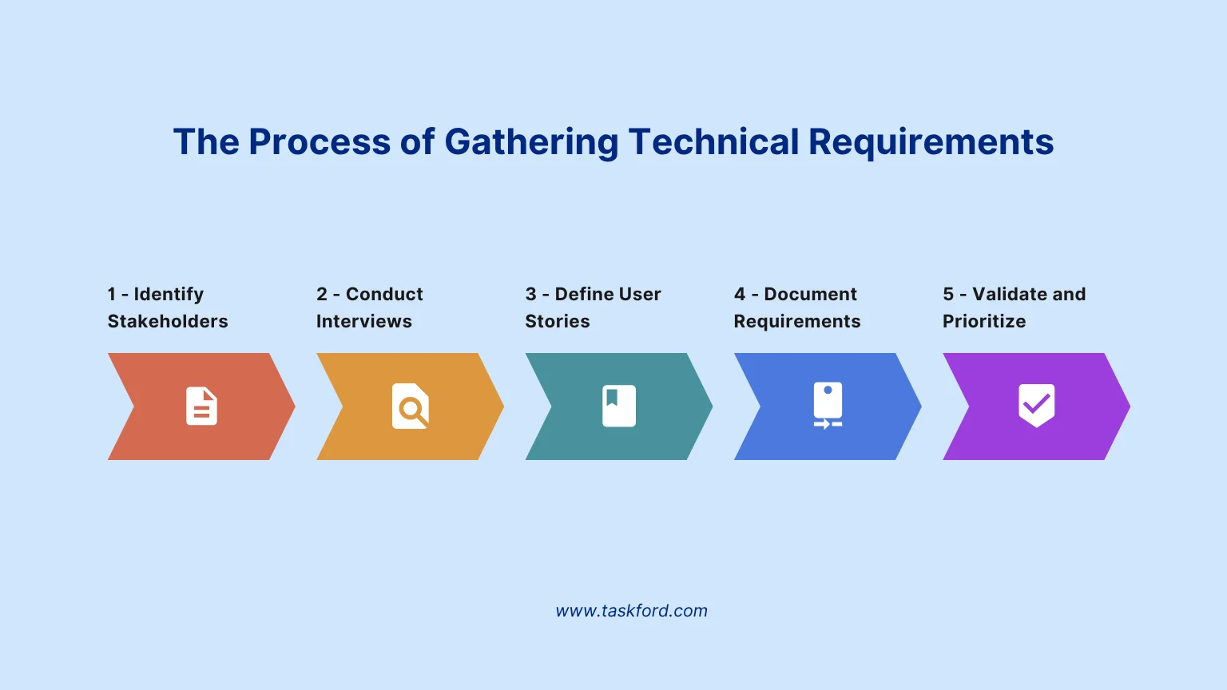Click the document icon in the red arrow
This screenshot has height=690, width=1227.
pos(201,406)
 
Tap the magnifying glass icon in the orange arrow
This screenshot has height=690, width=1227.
pos(411,406)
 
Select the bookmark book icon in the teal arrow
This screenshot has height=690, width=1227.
pos(619,406)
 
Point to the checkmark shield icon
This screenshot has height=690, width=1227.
pos(1036,406)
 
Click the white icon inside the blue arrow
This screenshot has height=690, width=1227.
pos(828,406)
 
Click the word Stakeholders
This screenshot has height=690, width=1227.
pos(168,321)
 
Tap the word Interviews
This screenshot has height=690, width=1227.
pos(364,321)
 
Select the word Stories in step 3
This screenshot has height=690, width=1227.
pos(558,321)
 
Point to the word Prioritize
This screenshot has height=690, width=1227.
pos(984,321)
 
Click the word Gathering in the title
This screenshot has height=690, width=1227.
pos(531,142)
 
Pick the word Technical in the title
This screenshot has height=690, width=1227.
pos(713,142)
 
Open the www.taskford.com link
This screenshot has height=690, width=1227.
pos(631,611)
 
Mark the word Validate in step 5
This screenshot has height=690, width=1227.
pos(1009,294)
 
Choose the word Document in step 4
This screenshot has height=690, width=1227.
pos(810,294)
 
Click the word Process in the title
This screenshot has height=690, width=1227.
pos(320,142)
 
